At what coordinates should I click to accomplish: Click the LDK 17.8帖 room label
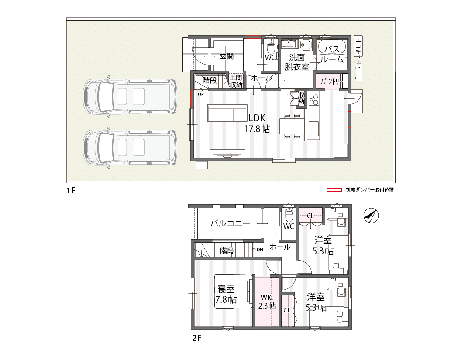pyautogui.click(x=257, y=123)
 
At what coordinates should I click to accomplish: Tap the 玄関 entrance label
pyautogui.click(x=227, y=56)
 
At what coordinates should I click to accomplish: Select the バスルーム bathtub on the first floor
pyautogui.click(x=332, y=47)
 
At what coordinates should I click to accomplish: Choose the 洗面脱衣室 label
pyautogui.click(x=297, y=62)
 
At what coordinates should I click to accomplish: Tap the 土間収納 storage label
pyautogui.click(x=236, y=81)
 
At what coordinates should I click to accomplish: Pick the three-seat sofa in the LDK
pyautogui.click(x=227, y=113)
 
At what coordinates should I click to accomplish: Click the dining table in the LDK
pyautogui.click(x=292, y=126)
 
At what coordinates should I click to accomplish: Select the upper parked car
pyautogui.click(x=130, y=96)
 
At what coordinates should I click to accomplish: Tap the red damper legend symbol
pyautogui.click(x=334, y=190)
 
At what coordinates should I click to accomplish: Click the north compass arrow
pyautogui.click(x=371, y=216)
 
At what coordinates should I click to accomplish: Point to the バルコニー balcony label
pyautogui.click(x=230, y=223)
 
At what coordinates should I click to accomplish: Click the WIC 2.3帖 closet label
pyautogui.click(x=267, y=302)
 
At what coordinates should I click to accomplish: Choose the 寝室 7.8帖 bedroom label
pyautogui.click(x=226, y=294)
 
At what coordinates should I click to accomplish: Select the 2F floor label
pyautogui.click(x=197, y=338)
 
